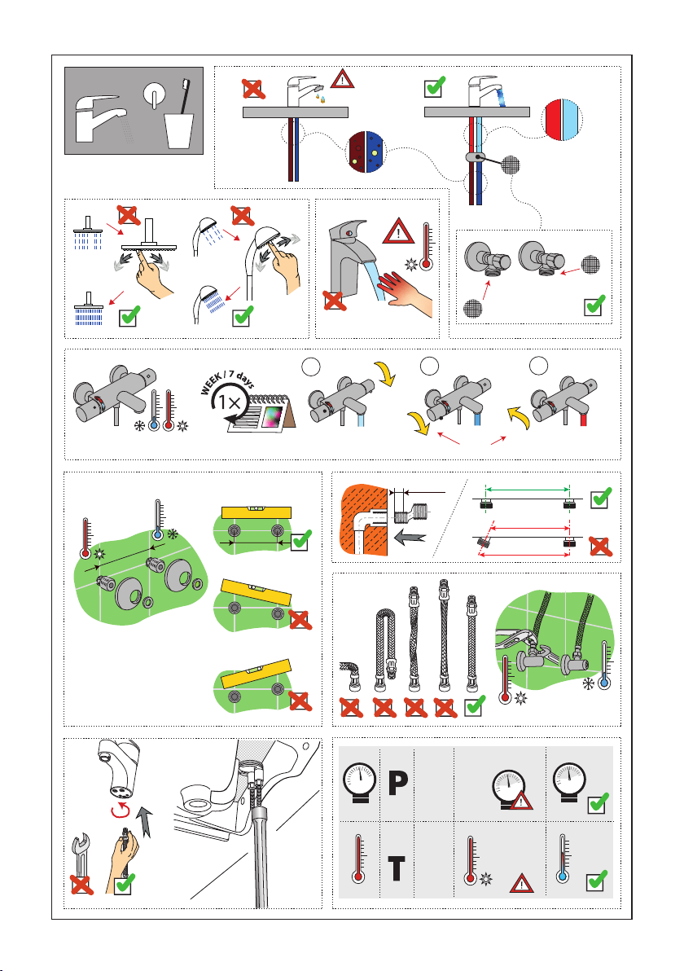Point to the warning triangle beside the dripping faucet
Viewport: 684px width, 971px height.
(x=342, y=79)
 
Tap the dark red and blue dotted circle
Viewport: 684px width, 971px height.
(x=366, y=151)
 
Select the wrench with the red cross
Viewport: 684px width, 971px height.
(x=81, y=863)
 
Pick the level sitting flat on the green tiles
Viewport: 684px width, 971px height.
(x=256, y=512)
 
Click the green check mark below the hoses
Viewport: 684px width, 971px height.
(x=475, y=705)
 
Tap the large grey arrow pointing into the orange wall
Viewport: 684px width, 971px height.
(x=410, y=536)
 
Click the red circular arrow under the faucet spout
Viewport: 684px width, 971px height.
(x=120, y=810)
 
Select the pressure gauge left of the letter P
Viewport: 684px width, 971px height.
(x=359, y=782)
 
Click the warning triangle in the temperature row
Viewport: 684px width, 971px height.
(x=521, y=883)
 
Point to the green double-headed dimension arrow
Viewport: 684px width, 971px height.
(x=528, y=490)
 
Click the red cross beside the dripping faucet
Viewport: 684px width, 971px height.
(x=253, y=89)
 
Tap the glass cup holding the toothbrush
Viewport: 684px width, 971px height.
(x=179, y=130)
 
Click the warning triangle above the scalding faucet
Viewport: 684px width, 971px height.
(x=398, y=231)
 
